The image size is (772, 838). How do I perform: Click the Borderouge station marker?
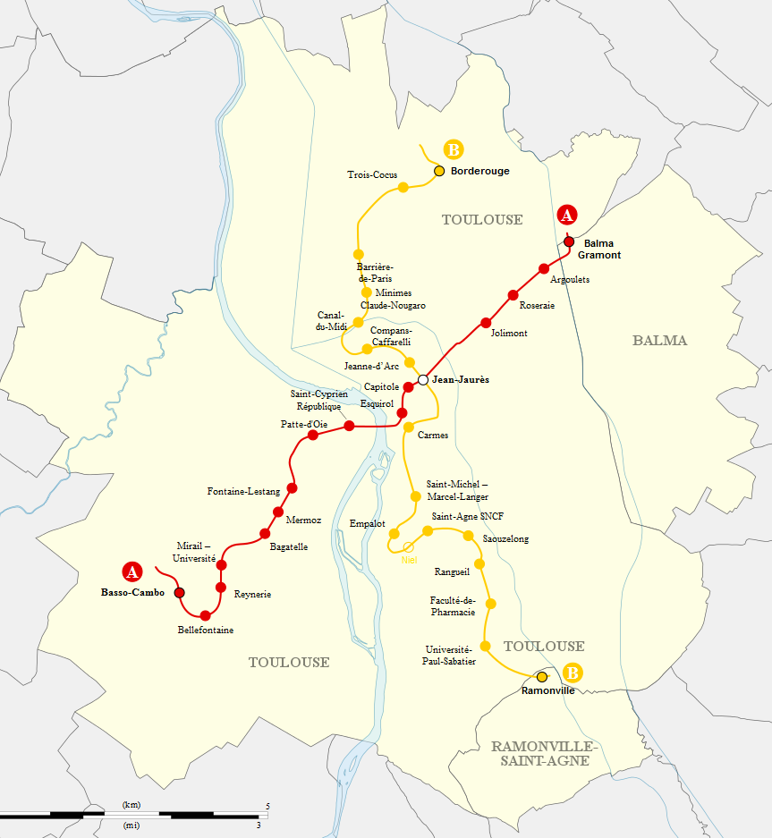(x=439, y=171)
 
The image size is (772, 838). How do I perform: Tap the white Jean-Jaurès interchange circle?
(x=423, y=380)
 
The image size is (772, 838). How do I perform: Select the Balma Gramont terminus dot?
(x=568, y=241)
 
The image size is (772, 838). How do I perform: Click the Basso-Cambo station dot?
(x=179, y=592)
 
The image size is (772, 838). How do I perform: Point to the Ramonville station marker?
(x=541, y=677)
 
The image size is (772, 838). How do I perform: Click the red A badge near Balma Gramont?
(x=566, y=215)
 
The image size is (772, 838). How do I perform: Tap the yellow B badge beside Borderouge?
(x=454, y=149)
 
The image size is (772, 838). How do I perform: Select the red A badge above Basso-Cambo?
(x=131, y=571)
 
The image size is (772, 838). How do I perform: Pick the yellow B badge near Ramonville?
(x=573, y=673)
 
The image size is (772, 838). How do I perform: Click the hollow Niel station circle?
(x=409, y=547)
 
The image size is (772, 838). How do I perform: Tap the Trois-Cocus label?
(x=372, y=175)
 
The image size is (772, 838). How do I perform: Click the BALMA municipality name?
(x=659, y=341)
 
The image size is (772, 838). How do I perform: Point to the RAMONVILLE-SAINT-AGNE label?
(x=542, y=753)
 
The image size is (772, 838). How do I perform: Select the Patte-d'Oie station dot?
(x=313, y=436)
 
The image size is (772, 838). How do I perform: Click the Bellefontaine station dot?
(x=205, y=615)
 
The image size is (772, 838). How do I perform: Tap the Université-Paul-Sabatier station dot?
(x=486, y=646)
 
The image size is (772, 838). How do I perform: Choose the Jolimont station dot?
(x=486, y=322)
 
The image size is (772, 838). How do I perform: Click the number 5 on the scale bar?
(x=267, y=807)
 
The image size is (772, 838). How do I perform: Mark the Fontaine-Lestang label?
(x=243, y=491)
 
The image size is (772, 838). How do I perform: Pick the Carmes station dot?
(x=408, y=427)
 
